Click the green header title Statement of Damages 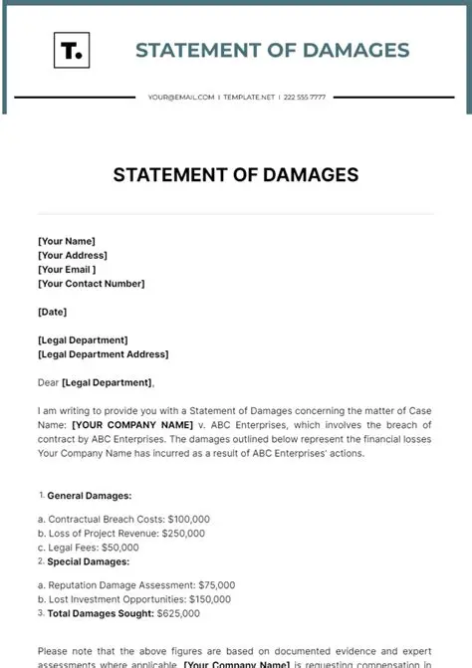click(x=272, y=50)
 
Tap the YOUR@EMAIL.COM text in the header click(x=181, y=98)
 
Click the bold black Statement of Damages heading click(x=236, y=176)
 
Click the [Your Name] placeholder click(x=66, y=240)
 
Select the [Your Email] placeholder click(x=67, y=269)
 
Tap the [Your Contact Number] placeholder click(x=92, y=283)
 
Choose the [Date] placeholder click(x=53, y=312)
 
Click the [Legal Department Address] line click(x=103, y=354)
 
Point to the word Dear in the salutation click(x=48, y=382)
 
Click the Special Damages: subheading click(x=89, y=561)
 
